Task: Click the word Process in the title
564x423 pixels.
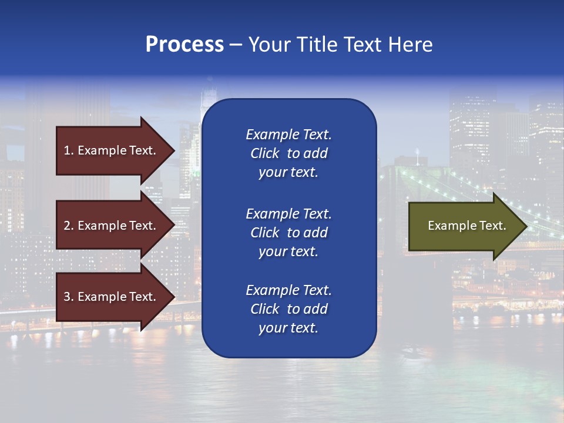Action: click(x=184, y=45)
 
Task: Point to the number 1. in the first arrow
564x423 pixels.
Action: click(x=69, y=150)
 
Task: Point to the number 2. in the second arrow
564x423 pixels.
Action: click(x=69, y=226)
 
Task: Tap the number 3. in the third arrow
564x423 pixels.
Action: click(x=69, y=297)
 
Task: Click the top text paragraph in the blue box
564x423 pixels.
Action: click(x=288, y=153)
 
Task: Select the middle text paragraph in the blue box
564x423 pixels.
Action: click(x=288, y=232)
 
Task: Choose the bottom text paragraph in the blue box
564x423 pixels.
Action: click(x=288, y=309)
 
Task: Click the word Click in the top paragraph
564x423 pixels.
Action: click(x=264, y=153)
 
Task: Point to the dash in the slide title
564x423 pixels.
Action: click(x=236, y=45)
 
